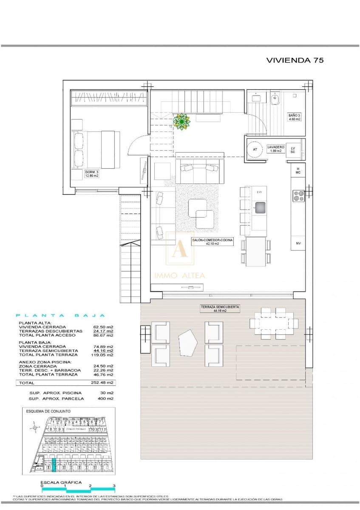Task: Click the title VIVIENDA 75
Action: [x=295, y=60]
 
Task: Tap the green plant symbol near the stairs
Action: [x=182, y=122]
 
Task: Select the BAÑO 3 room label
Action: [x=294, y=117]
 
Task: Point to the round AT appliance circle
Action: [x=255, y=150]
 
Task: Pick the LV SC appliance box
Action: [x=292, y=150]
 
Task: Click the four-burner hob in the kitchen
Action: [x=298, y=195]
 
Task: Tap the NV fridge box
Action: [x=298, y=244]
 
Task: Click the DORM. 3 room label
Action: [x=92, y=173]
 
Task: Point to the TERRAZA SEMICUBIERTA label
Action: [x=220, y=309]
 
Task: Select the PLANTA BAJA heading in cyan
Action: [x=60, y=316]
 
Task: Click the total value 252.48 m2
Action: [x=104, y=382]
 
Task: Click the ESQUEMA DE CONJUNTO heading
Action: [x=48, y=411]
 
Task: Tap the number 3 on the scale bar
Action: [x=114, y=485]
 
